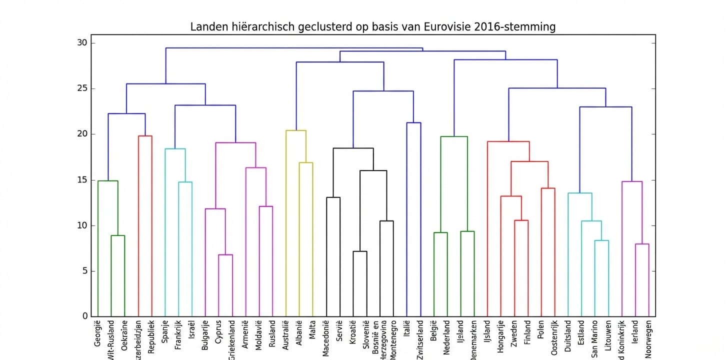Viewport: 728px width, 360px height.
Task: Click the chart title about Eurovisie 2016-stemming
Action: (x=372, y=27)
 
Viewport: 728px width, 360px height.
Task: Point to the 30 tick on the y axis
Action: (x=82, y=43)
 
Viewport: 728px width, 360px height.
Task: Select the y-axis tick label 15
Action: (x=82, y=180)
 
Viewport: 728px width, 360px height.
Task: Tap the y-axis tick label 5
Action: (x=85, y=271)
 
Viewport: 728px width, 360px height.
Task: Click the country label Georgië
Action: (x=98, y=332)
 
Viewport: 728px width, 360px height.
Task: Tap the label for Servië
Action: (x=339, y=330)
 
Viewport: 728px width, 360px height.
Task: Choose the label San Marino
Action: (x=594, y=336)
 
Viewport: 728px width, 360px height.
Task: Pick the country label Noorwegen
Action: (x=648, y=338)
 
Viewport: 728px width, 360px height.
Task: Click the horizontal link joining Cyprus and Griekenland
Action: (x=225, y=255)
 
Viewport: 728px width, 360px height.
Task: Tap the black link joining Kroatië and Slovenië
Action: (x=359, y=251)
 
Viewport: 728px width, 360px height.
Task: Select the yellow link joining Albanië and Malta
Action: (x=306, y=162)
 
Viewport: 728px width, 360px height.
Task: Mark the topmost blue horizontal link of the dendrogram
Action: (x=294, y=48)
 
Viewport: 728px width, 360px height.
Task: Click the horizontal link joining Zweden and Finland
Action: (x=521, y=220)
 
